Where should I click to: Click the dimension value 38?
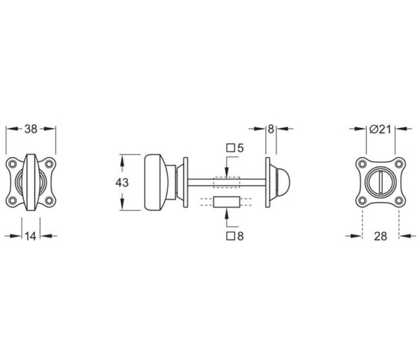pyautogui.click(x=31, y=129)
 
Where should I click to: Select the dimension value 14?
pyautogui.click(x=31, y=237)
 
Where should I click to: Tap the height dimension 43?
pyautogui.click(x=122, y=183)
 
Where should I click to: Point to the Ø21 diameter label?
pyautogui.click(x=380, y=129)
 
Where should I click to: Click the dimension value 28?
pyautogui.click(x=380, y=237)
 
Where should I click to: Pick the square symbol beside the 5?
pyautogui.click(x=230, y=148)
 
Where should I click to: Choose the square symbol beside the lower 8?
pyautogui.click(x=230, y=236)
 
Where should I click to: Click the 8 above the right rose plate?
pyautogui.click(x=271, y=129)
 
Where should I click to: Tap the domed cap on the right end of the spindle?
pyautogui.click(x=281, y=182)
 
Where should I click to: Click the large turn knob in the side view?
pyautogui.click(x=156, y=183)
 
